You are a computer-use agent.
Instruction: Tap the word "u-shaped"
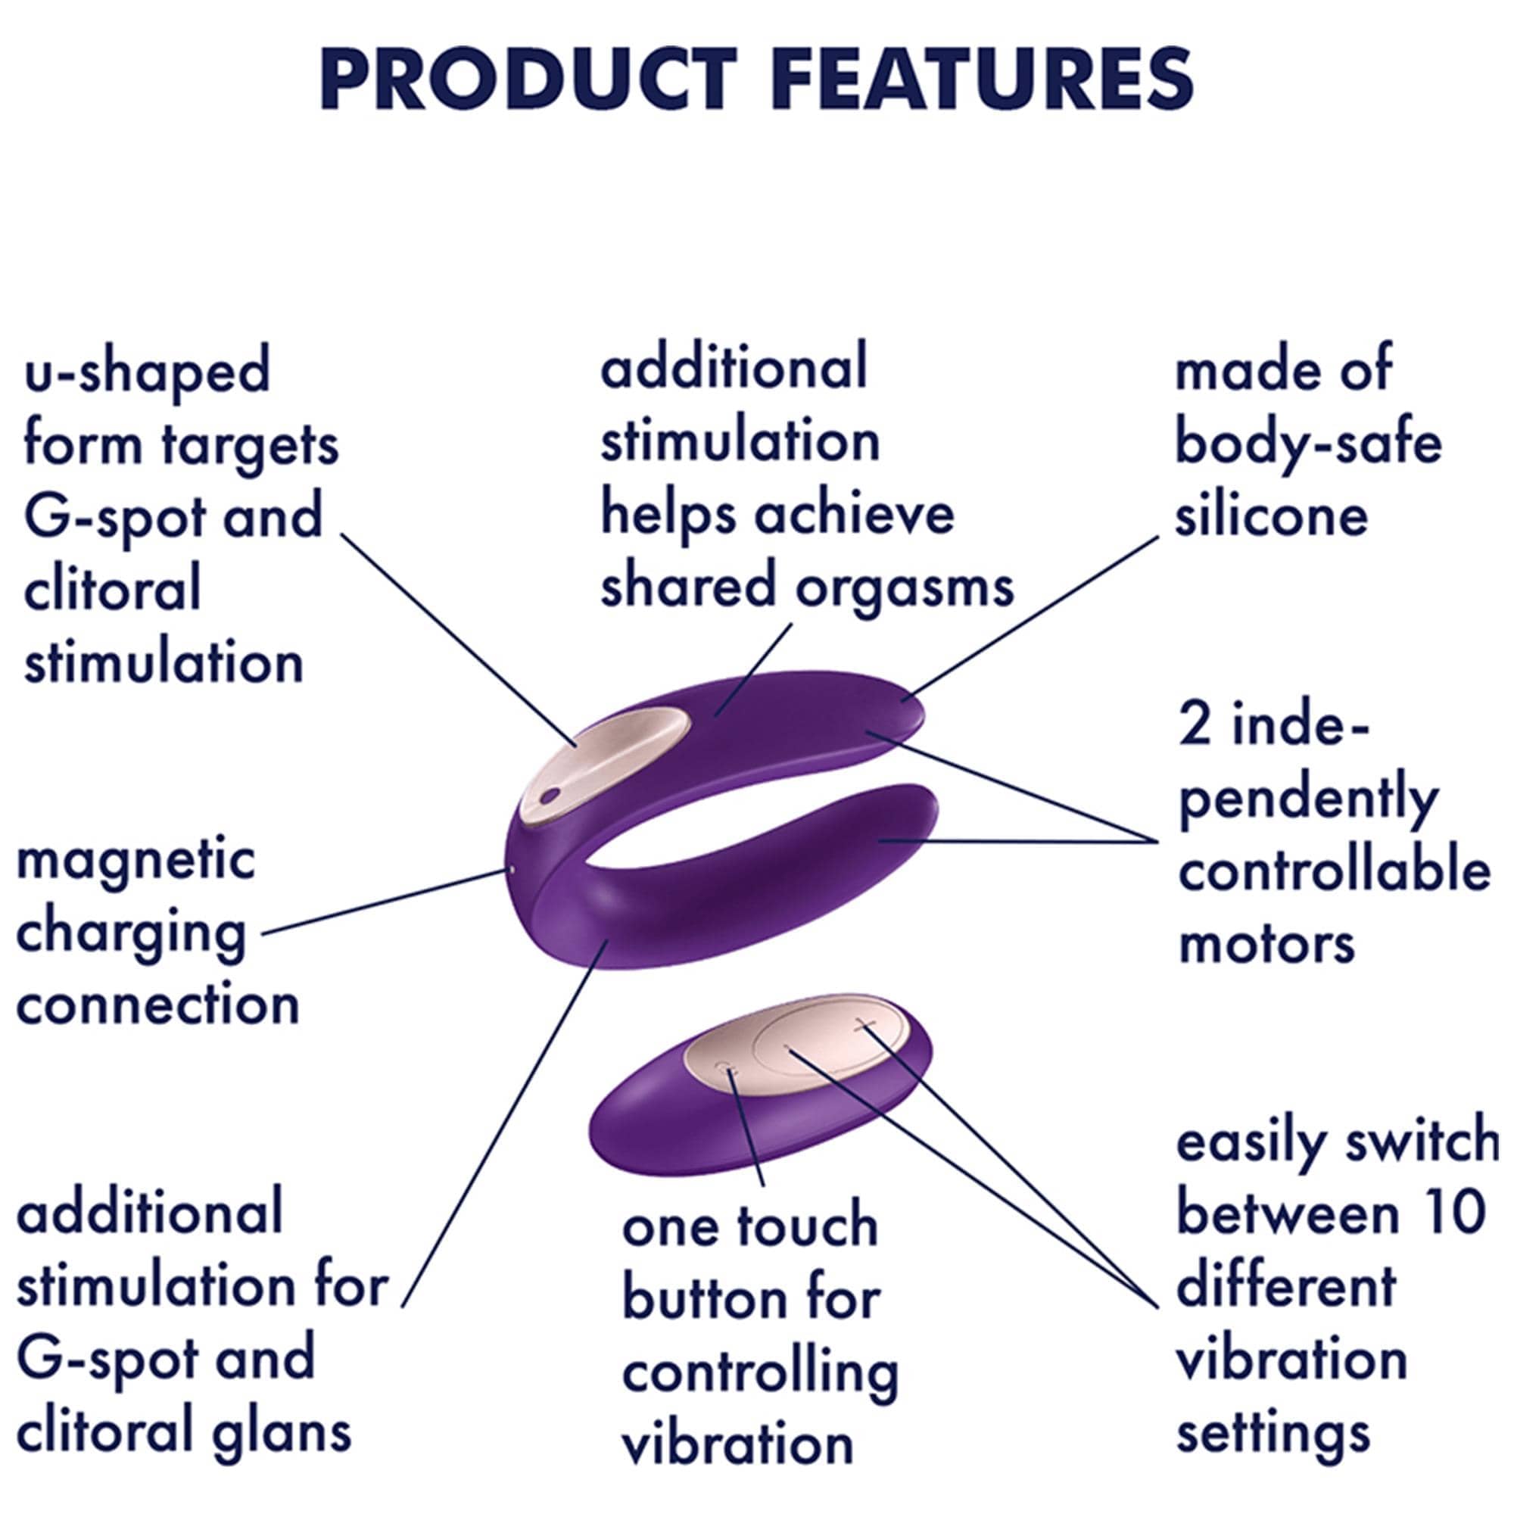tap(148, 374)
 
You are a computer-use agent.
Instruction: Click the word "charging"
tap(131, 936)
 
